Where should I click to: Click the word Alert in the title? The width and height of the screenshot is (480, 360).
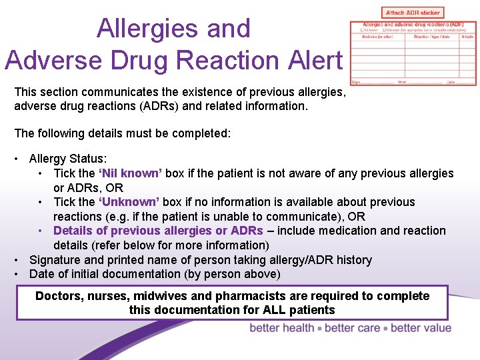tap(316, 59)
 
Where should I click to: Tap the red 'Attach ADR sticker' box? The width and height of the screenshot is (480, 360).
tap(413, 13)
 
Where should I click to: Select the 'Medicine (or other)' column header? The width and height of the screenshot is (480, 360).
tap(377, 37)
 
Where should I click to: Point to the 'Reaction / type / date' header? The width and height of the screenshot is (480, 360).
tap(431, 37)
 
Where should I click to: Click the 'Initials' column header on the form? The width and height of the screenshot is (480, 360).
tap(468, 37)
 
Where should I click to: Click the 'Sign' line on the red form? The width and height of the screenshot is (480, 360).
tap(357, 83)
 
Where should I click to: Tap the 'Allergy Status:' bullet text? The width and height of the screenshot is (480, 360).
tap(67, 159)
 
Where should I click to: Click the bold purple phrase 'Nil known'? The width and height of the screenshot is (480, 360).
tap(130, 173)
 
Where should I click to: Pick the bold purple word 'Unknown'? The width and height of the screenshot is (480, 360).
tap(129, 202)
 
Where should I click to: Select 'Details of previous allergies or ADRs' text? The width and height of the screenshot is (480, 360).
tap(159, 231)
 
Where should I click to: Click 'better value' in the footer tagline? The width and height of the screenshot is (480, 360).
tap(421, 328)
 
